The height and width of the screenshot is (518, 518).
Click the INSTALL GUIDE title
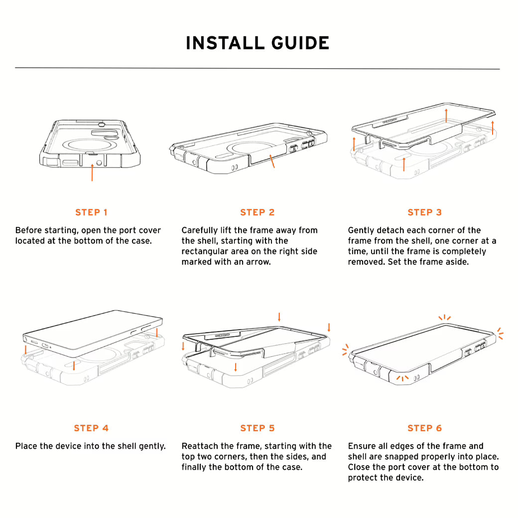coord(258,43)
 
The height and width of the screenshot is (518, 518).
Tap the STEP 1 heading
coord(91,212)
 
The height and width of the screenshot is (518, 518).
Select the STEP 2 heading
coord(258,212)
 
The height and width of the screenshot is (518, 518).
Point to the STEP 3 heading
coord(424,212)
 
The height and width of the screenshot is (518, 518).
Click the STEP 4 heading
coord(91,428)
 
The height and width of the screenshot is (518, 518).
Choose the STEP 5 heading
coord(258,428)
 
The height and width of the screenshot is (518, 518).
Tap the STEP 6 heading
coord(424,428)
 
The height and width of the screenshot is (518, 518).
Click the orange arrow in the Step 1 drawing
coord(92,172)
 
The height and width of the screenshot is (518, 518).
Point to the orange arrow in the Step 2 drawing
coord(272,161)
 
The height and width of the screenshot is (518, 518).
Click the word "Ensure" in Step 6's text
coord(362,446)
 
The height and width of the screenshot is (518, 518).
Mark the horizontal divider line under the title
coord(258,68)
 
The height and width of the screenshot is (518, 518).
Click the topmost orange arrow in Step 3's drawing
coord(446,115)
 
